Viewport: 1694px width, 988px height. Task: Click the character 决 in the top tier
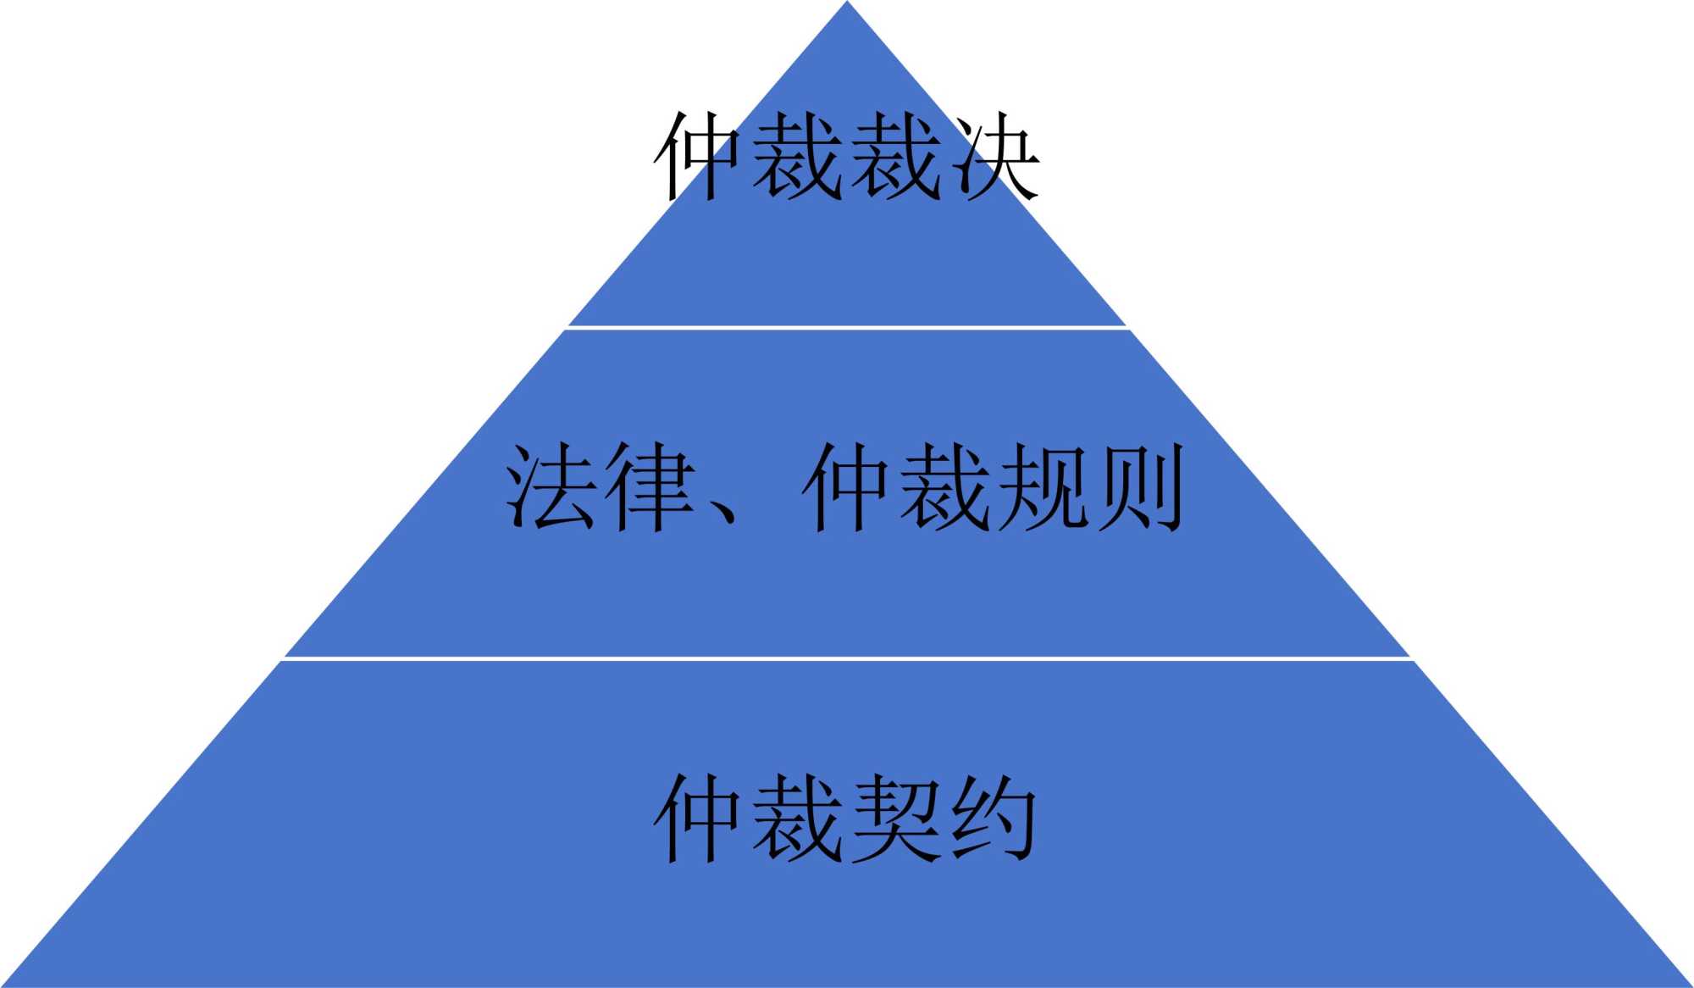[993, 158]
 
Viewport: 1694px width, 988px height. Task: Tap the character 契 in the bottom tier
[894, 819]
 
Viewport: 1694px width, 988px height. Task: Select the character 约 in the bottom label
[993, 819]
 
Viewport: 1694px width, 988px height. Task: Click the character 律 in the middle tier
[650, 487]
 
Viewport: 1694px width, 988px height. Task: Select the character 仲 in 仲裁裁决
[700, 158]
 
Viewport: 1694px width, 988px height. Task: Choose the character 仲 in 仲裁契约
[700, 819]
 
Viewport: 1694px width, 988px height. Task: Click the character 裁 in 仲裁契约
[796, 819]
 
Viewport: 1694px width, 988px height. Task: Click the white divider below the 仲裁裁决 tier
[847, 327]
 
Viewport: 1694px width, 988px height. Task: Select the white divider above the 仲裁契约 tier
[847, 658]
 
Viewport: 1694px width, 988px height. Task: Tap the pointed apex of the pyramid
[847, 5]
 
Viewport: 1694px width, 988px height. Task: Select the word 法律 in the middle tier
[601, 487]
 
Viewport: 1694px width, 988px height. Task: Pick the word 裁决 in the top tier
[944, 158]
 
